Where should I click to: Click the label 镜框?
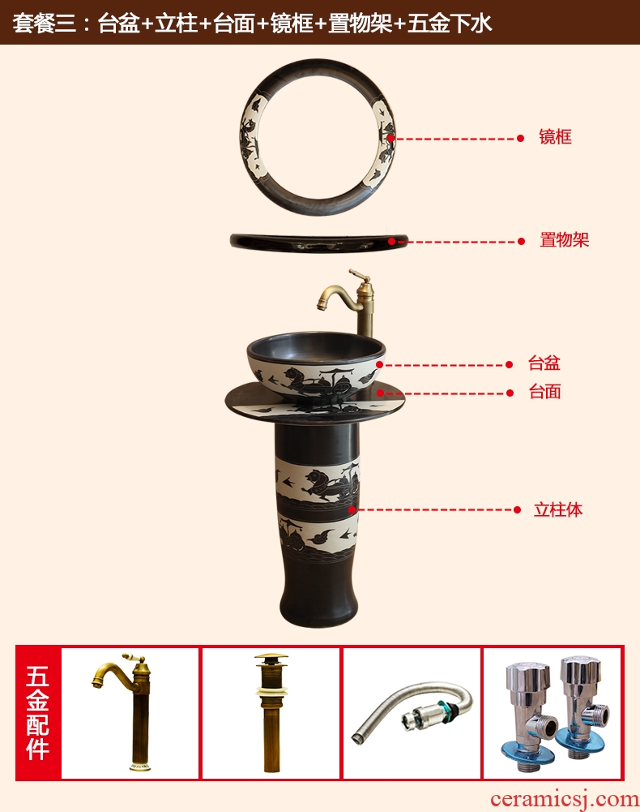click(555, 137)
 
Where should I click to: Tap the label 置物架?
click(564, 240)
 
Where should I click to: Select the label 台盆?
click(544, 363)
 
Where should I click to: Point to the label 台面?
click(544, 392)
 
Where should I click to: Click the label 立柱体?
click(557, 509)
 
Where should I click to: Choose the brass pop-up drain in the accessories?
click(271, 712)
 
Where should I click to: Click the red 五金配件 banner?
click(38, 712)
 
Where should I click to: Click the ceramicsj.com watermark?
click(565, 800)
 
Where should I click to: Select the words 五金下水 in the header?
click(450, 24)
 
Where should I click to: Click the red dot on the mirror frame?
click(391, 138)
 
